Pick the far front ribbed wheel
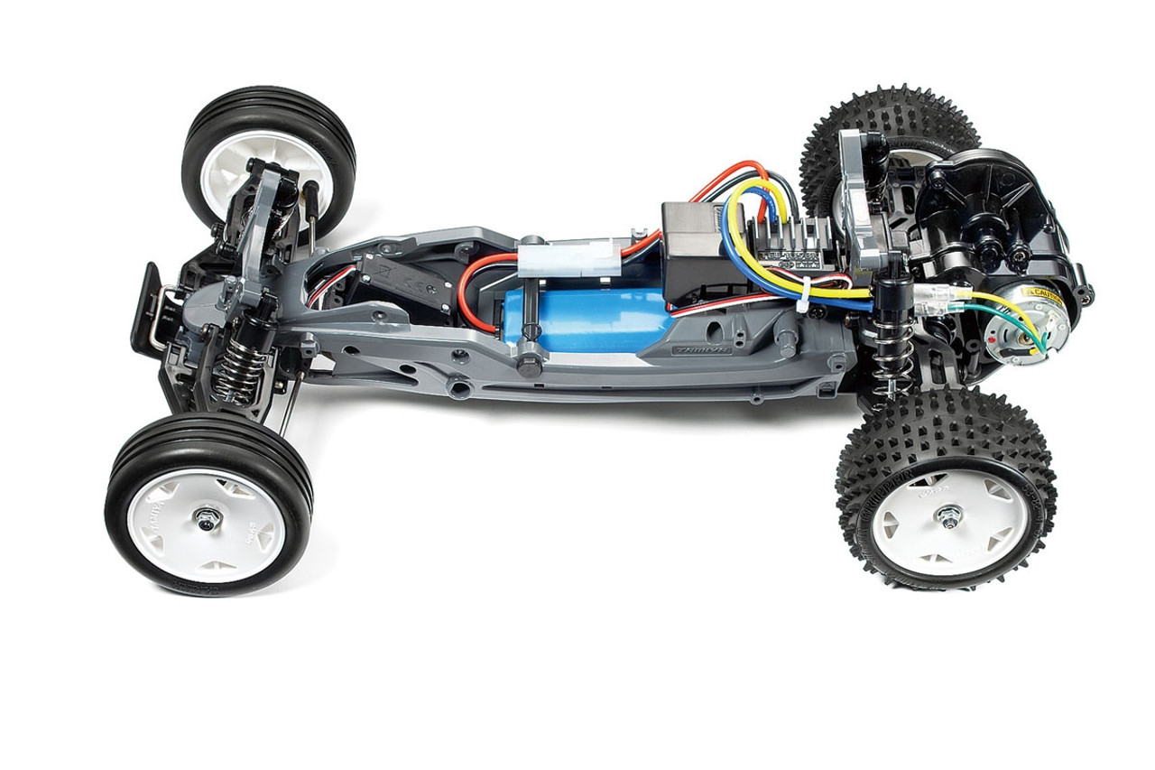pos(269,159)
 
